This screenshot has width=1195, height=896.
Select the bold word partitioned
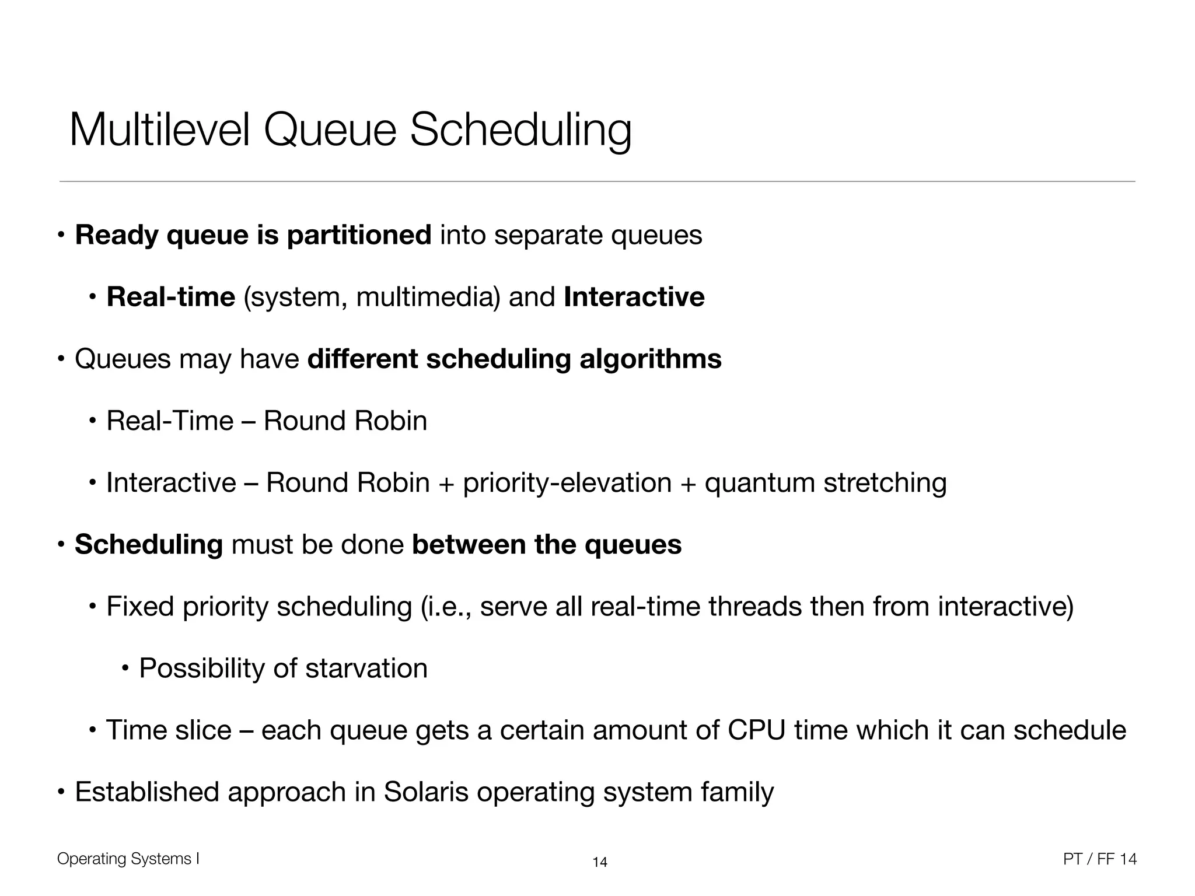[359, 235]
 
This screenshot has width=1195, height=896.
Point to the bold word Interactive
[634, 297]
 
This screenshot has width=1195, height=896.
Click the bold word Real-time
[170, 297]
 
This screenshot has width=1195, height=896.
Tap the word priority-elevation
[567, 483]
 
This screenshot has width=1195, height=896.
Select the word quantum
[759, 483]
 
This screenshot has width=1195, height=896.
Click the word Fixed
[140, 607]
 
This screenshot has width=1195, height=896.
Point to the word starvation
[366, 668]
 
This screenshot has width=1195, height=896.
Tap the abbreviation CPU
[757, 730]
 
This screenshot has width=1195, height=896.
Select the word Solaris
[426, 792]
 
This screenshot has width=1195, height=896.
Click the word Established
[147, 792]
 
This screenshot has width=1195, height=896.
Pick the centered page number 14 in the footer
[600, 862]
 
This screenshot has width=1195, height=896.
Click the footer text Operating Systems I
[128, 859]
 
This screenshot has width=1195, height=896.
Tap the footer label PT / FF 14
[1100, 859]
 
